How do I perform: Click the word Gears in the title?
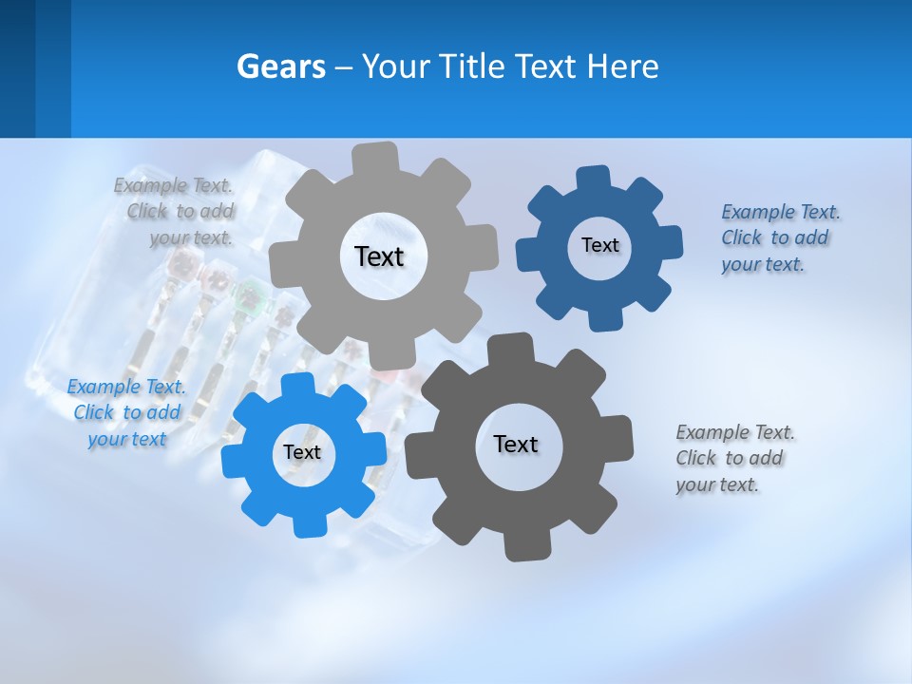coord(280,66)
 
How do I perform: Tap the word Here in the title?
coord(623,66)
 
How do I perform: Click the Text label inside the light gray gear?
coord(379,256)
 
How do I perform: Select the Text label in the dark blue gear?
coord(599,245)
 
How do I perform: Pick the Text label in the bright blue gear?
coord(301,452)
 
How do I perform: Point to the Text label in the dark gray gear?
coord(516,444)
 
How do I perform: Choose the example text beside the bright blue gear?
coord(126,412)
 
